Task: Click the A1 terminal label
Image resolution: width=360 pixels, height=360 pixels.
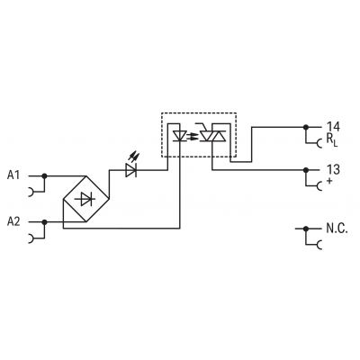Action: click(x=13, y=175)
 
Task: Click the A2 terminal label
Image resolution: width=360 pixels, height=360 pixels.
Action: click(x=13, y=221)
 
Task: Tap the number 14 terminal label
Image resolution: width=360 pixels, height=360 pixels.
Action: click(x=333, y=127)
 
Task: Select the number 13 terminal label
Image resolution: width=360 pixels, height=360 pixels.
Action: click(x=333, y=170)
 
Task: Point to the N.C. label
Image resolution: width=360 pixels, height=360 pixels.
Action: click(x=337, y=229)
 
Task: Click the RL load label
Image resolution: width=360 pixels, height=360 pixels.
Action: click(x=332, y=139)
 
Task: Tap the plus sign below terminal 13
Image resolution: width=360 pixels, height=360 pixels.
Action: click(x=329, y=181)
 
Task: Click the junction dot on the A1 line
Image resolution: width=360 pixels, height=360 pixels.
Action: click(x=44, y=175)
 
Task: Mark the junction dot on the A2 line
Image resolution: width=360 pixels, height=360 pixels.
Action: click(x=44, y=222)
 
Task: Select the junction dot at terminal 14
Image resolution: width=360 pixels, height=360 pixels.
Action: click(x=306, y=127)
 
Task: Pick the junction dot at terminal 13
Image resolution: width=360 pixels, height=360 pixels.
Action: click(x=306, y=170)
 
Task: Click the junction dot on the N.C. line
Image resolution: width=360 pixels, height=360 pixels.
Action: click(x=306, y=229)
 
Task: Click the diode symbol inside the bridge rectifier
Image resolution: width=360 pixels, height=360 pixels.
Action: click(x=86, y=199)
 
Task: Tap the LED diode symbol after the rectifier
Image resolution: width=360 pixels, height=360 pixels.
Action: click(x=130, y=170)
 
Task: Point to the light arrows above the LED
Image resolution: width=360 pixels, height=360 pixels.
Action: click(x=134, y=157)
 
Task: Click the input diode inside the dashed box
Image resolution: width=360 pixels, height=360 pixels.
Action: click(x=180, y=136)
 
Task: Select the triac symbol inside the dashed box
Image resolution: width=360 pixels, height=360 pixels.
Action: click(x=212, y=134)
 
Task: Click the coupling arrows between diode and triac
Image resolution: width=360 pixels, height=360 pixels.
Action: click(x=193, y=137)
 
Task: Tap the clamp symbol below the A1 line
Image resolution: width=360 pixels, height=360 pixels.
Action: click(x=31, y=192)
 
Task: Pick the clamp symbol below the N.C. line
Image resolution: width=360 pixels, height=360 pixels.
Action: click(x=319, y=245)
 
